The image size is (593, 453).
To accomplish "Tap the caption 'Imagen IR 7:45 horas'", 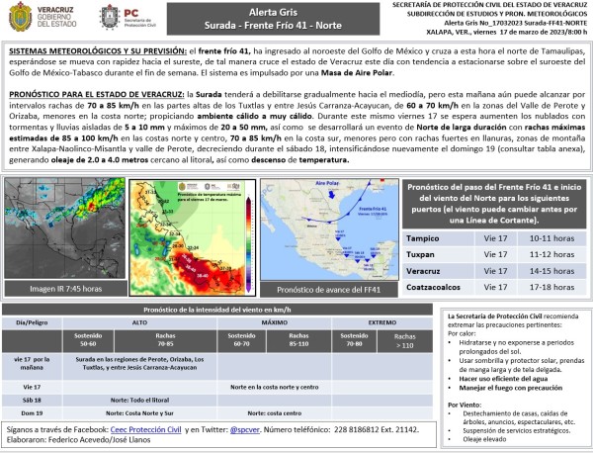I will pyautogui.click(x=66, y=289).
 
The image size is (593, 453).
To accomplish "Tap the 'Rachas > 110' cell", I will pyautogui.click(x=405, y=341).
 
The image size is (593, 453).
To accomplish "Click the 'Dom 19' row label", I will pyautogui.click(x=31, y=412).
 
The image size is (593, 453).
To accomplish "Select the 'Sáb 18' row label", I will pyautogui.click(x=31, y=400).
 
